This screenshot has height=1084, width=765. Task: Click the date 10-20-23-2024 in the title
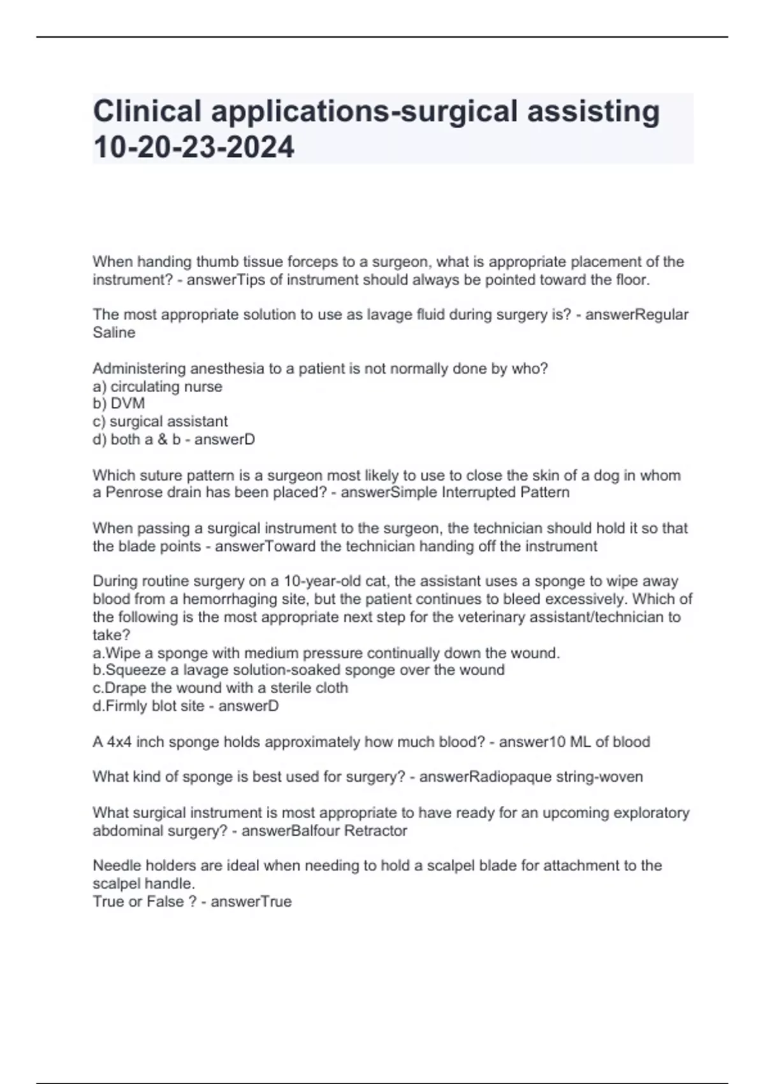(x=194, y=147)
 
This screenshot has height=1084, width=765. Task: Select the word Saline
(x=114, y=333)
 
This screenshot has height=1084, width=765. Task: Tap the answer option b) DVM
(x=119, y=404)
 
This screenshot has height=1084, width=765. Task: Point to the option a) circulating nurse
(x=157, y=386)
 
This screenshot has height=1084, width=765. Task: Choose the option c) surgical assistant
(x=160, y=421)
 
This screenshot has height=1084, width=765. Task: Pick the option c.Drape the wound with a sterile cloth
(x=221, y=688)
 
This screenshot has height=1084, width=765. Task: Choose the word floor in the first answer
(x=631, y=280)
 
